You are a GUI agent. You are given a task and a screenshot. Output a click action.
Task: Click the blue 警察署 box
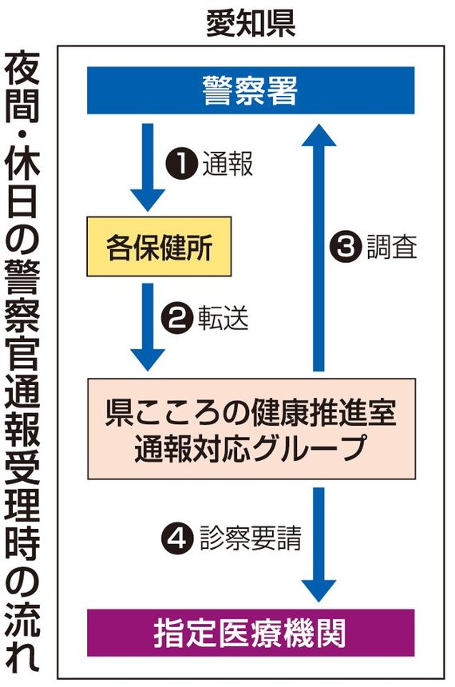click(251, 90)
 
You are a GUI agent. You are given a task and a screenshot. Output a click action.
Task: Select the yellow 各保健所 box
click(159, 247)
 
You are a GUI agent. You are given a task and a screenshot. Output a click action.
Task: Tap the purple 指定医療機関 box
click(251, 632)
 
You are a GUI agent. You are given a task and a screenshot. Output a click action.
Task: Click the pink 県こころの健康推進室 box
click(251, 428)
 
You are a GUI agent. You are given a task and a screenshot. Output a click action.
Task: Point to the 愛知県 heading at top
click(251, 24)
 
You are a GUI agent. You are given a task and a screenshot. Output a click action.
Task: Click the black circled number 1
click(182, 164)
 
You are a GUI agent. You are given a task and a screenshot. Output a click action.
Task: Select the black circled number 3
click(346, 246)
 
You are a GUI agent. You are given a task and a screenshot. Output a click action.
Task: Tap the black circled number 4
click(177, 538)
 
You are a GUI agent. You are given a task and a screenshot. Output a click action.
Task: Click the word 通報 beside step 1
click(227, 164)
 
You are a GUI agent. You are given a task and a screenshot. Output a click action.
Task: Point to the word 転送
click(224, 318)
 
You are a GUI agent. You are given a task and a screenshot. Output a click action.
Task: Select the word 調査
click(392, 246)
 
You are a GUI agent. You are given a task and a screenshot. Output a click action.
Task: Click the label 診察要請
click(251, 538)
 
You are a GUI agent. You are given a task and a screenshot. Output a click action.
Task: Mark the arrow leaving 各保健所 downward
click(148, 327)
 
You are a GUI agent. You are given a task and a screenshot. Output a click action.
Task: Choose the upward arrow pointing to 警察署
click(318, 248)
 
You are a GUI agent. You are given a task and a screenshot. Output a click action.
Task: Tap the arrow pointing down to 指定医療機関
click(318, 545)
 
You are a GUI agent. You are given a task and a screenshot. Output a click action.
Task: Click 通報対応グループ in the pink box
click(251, 448)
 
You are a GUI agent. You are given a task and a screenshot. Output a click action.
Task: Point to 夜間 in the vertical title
click(22, 87)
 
